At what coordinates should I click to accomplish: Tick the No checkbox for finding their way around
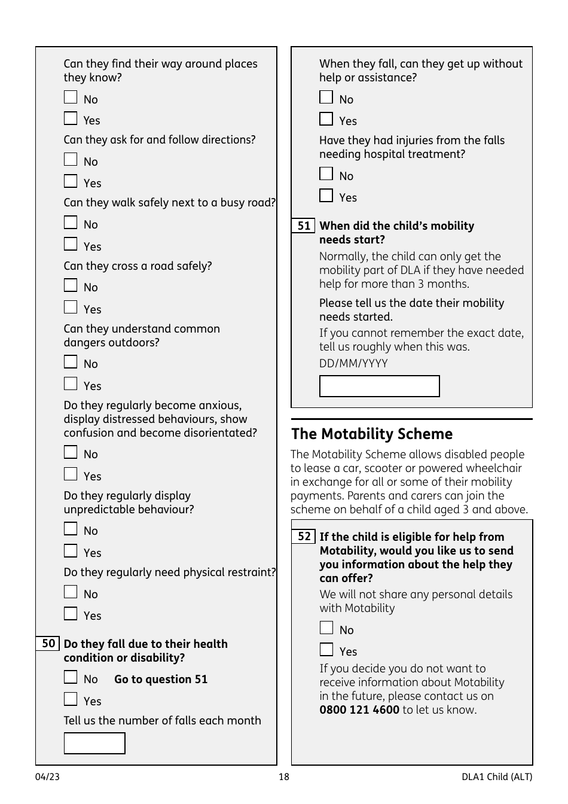tap(71, 98)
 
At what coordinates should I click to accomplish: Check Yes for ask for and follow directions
tap(71, 181)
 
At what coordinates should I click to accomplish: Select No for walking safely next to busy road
tap(71, 223)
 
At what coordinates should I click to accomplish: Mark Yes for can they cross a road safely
tap(71, 307)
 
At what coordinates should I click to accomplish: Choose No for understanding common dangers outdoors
tap(71, 362)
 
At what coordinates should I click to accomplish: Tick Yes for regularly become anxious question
tap(71, 474)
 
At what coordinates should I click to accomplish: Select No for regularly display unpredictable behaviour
tap(71, 529)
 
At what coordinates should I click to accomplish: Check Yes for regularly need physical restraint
tap(71, 614)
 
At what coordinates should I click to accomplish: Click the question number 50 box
tap(48, 644)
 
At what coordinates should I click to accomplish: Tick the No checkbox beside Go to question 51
tap(71, 677)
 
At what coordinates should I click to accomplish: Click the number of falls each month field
tap(94, 744)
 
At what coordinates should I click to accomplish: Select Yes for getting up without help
tap(326, 119)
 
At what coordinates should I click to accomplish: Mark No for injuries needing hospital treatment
tap(326, 174)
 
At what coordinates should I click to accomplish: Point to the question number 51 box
tap(304, 226)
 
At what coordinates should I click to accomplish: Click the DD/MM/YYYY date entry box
tap(379, 386)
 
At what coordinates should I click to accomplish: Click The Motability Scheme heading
tap(372, 434)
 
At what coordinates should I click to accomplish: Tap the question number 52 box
tap(304, 537)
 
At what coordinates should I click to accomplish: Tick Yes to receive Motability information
tap(326, 650)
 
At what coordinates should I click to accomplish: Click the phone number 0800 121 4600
tap(359, 710)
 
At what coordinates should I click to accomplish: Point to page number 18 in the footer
tap(283, 777)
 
